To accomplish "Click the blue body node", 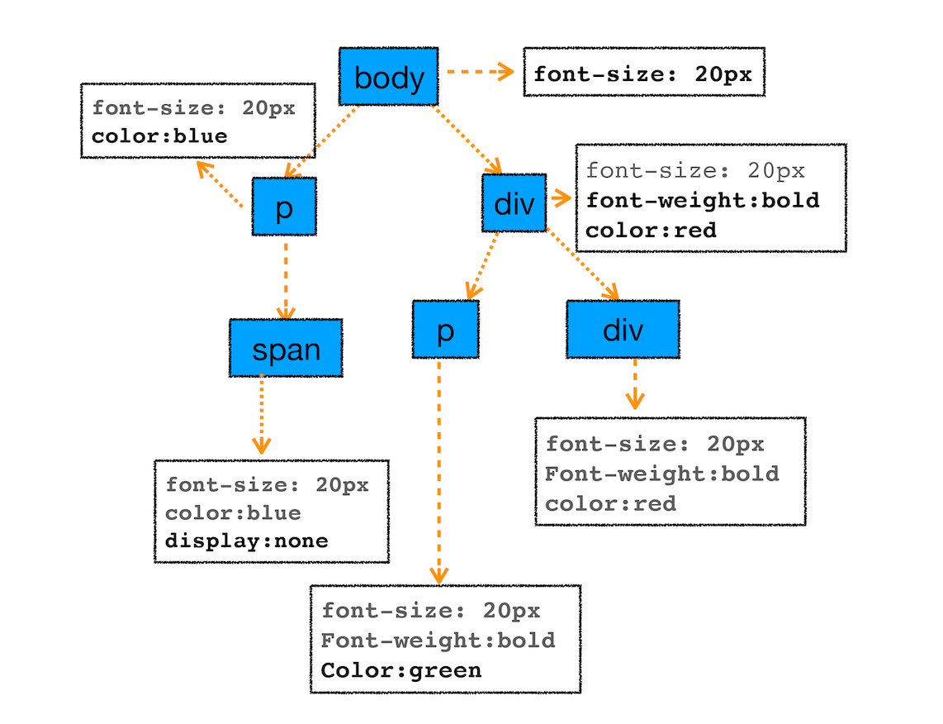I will pyautogui.click(x=389, y=77).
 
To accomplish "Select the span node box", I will pyautogui.click(x=286, y=348).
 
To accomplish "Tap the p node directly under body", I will pyautogui.click(x=284, y=207).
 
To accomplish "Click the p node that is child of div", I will pyautogui.click(x=445, y=330).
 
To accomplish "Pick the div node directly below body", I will pyautogui.click(x=514, y=202).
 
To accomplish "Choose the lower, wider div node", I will pyautogui.click(x=623, y=329).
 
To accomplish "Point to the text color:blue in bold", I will pyautogui.click(x=159, y=136).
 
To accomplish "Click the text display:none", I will pyautogui.click(x=247, y=541).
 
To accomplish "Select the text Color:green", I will pyautogui.click(x=401, y=669).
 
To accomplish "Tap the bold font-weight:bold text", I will pyautogui.click(x=703, y=200).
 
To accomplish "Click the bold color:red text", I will pyautogui.click(x=651, y=230).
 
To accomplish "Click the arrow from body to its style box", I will pyautogui.click(x=479, y=73).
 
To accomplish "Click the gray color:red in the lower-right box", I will pyautogui.click(x=611, y=503).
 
